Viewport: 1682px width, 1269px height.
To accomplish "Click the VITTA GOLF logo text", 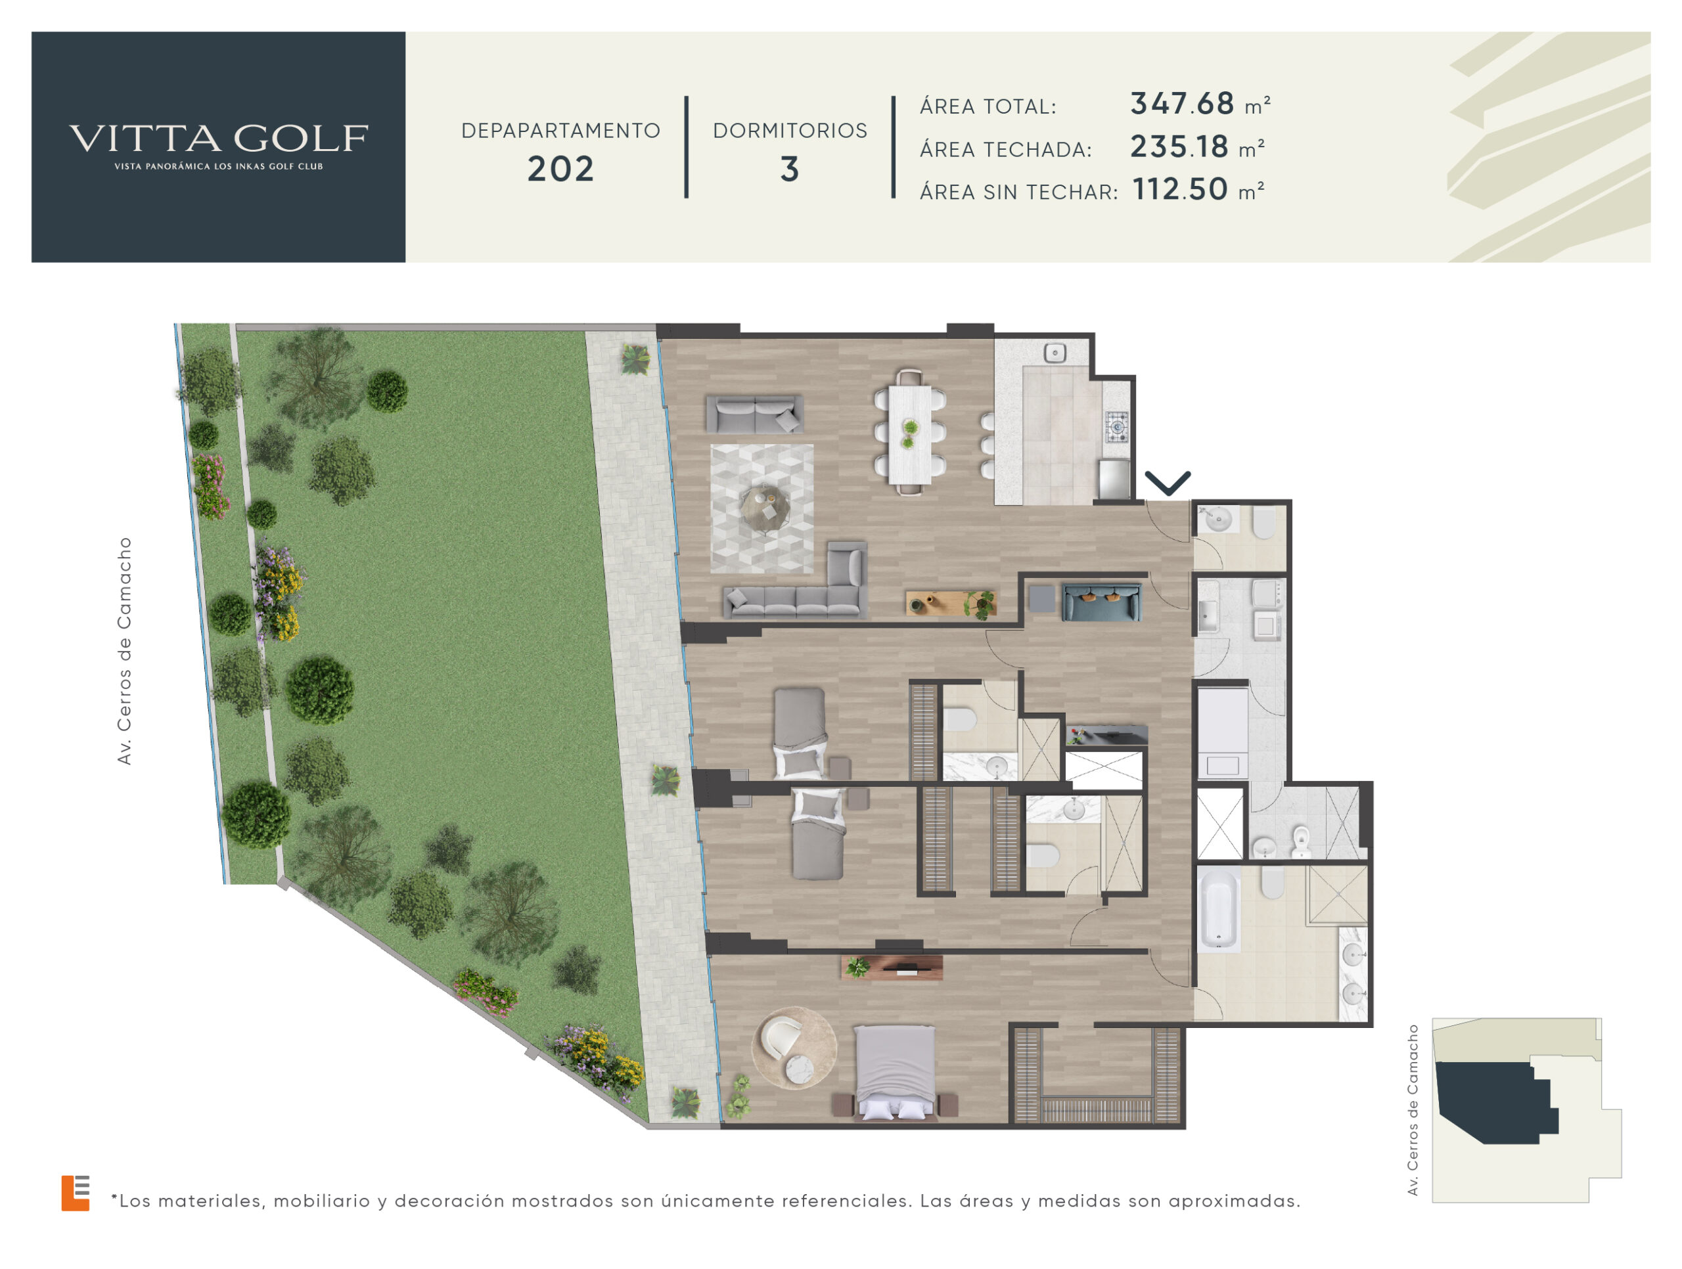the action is (x=219, y=139).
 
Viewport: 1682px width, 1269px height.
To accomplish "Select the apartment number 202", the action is (x=560, y=169).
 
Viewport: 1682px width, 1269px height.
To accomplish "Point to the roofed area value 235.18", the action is (x=1179, y=146).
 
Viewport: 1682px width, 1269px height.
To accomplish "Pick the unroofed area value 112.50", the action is (x=1180, y=189).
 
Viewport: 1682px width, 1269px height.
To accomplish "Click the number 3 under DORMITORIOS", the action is (x=790, y=169).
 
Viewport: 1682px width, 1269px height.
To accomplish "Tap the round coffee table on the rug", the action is (x=764, y=507).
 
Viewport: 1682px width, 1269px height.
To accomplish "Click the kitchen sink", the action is (x=1055, y=353).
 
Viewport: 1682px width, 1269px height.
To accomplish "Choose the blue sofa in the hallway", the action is (x=1101, y=602).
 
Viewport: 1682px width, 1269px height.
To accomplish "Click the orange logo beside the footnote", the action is (x=76, y=1193).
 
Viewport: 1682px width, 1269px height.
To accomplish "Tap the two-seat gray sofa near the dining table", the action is (x=754, y=414).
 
